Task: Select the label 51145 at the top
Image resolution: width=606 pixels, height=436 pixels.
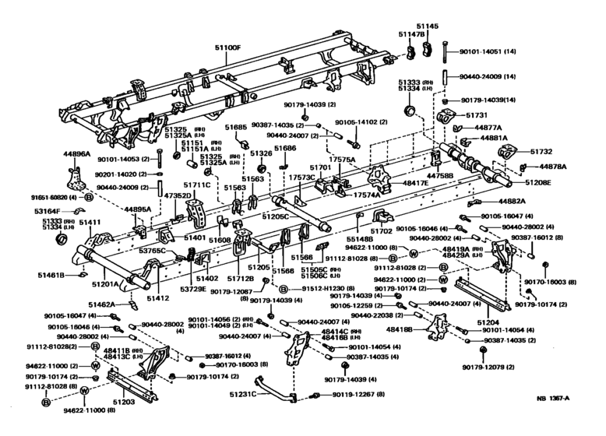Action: tap(432, 26)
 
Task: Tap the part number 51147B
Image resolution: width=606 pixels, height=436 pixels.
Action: tap(411, 35)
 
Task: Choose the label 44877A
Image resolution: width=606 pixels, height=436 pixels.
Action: tap(489, 127)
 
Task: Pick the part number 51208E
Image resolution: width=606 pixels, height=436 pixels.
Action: tap(538, 182)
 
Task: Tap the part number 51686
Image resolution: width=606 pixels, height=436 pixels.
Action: tap(285, 148)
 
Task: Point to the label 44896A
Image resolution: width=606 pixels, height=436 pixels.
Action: tap(76, 154)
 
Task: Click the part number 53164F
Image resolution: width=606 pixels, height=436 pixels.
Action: tap(48, 210)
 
